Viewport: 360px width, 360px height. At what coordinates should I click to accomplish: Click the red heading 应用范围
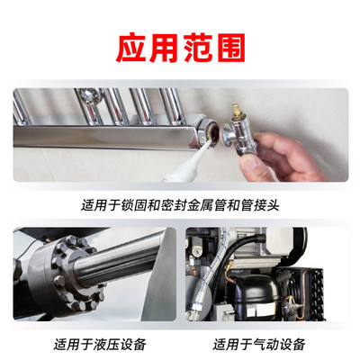180,48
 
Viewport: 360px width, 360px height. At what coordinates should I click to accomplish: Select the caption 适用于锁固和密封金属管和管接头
180,204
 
